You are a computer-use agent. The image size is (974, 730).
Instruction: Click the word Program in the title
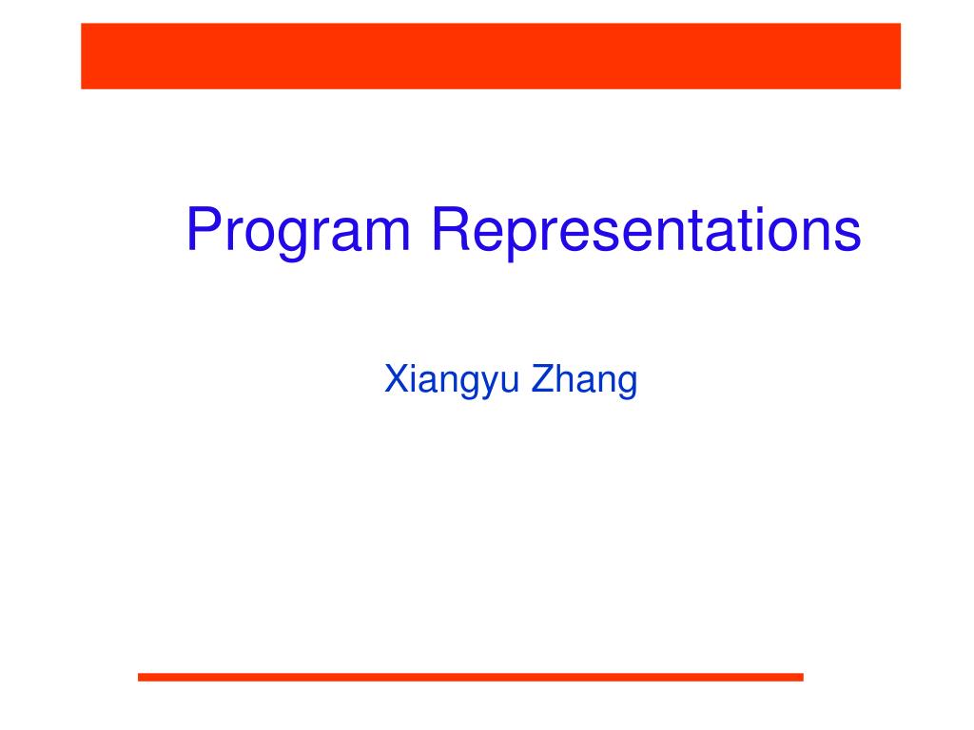click(298, 230)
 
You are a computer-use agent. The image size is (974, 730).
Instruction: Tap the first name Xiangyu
click(452, 380)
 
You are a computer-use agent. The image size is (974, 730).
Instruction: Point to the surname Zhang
click(585, 380)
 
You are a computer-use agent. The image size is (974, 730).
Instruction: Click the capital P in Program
click(205, 228)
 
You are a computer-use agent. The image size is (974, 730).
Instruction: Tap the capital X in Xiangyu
click(397, 378)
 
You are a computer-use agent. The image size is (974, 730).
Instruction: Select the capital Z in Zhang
click(543, 378)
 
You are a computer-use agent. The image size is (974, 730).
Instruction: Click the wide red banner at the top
click(491, 56)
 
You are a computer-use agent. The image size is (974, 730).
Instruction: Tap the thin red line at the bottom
click(470, 677)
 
